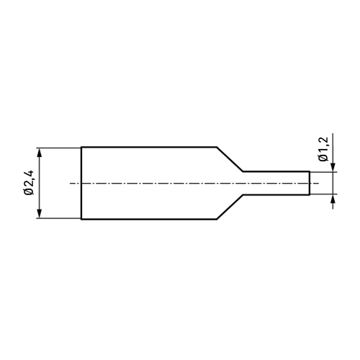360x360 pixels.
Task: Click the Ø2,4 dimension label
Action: coord(30,183)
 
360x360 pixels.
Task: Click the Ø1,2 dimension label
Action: coord(323,150)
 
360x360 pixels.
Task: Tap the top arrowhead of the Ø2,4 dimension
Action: coord(40,153)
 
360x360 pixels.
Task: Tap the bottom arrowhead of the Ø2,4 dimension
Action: coord(40,213)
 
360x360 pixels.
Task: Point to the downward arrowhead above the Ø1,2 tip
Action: coord(333,167)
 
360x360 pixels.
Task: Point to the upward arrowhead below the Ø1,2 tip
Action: coord(333,199)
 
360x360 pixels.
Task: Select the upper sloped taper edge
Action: coord(230,159)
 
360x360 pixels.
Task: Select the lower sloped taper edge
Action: coord(230,207)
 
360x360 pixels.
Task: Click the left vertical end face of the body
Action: coord(81,183)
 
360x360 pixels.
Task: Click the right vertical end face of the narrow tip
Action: coord(310,183)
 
